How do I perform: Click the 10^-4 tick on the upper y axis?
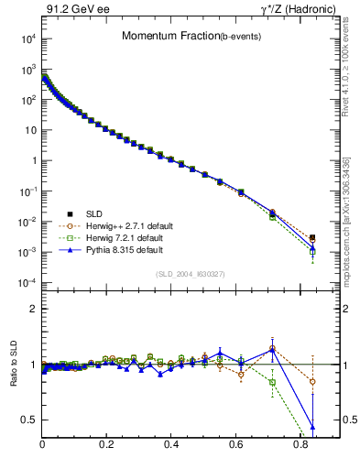click(x=27, y=282)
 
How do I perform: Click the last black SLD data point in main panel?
click(x=312, y=237)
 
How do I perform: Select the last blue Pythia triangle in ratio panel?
click(x=312, y=426)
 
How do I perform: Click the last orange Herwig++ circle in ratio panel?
click(x=312, y=381)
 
